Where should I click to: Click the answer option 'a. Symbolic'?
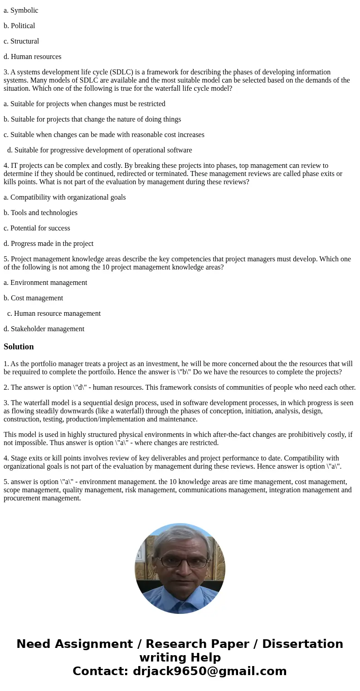point(21,10)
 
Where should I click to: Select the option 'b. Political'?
point(19,26)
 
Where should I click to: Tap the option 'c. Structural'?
point(21,41)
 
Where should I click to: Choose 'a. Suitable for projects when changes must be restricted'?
point(84,104)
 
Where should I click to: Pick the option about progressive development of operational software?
point(100,150)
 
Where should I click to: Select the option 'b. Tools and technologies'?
point(40,213)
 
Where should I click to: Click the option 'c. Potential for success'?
point(37,228)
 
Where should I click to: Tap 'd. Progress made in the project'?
point(49,244)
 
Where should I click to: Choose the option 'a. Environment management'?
point(45,283)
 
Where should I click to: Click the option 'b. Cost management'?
point(33,298)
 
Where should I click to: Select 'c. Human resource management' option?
point(54,314)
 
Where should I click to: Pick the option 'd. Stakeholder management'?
point(44,329)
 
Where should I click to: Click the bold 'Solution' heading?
point(19,347)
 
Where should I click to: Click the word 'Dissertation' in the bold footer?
point(302,644)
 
